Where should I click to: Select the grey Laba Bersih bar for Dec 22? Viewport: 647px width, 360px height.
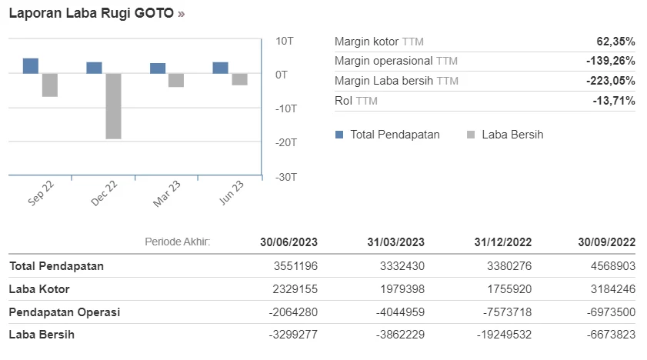coord(113,105)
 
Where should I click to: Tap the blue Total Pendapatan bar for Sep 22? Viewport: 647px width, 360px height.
coord(31,65)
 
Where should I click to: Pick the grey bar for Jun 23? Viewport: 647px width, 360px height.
coord(240,79)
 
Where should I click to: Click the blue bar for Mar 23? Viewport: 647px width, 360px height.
coord(158,68)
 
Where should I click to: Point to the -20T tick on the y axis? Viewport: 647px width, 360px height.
coord(285,142)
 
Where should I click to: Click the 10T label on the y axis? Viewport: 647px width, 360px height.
coord(285,41)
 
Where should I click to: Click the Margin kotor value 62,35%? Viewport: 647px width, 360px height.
coord(615,42)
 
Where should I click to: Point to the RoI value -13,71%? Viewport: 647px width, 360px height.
coord(614,101)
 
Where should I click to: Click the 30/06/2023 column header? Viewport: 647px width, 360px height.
coord(288,242)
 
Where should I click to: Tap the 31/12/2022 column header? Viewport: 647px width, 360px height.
coord(502,242)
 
